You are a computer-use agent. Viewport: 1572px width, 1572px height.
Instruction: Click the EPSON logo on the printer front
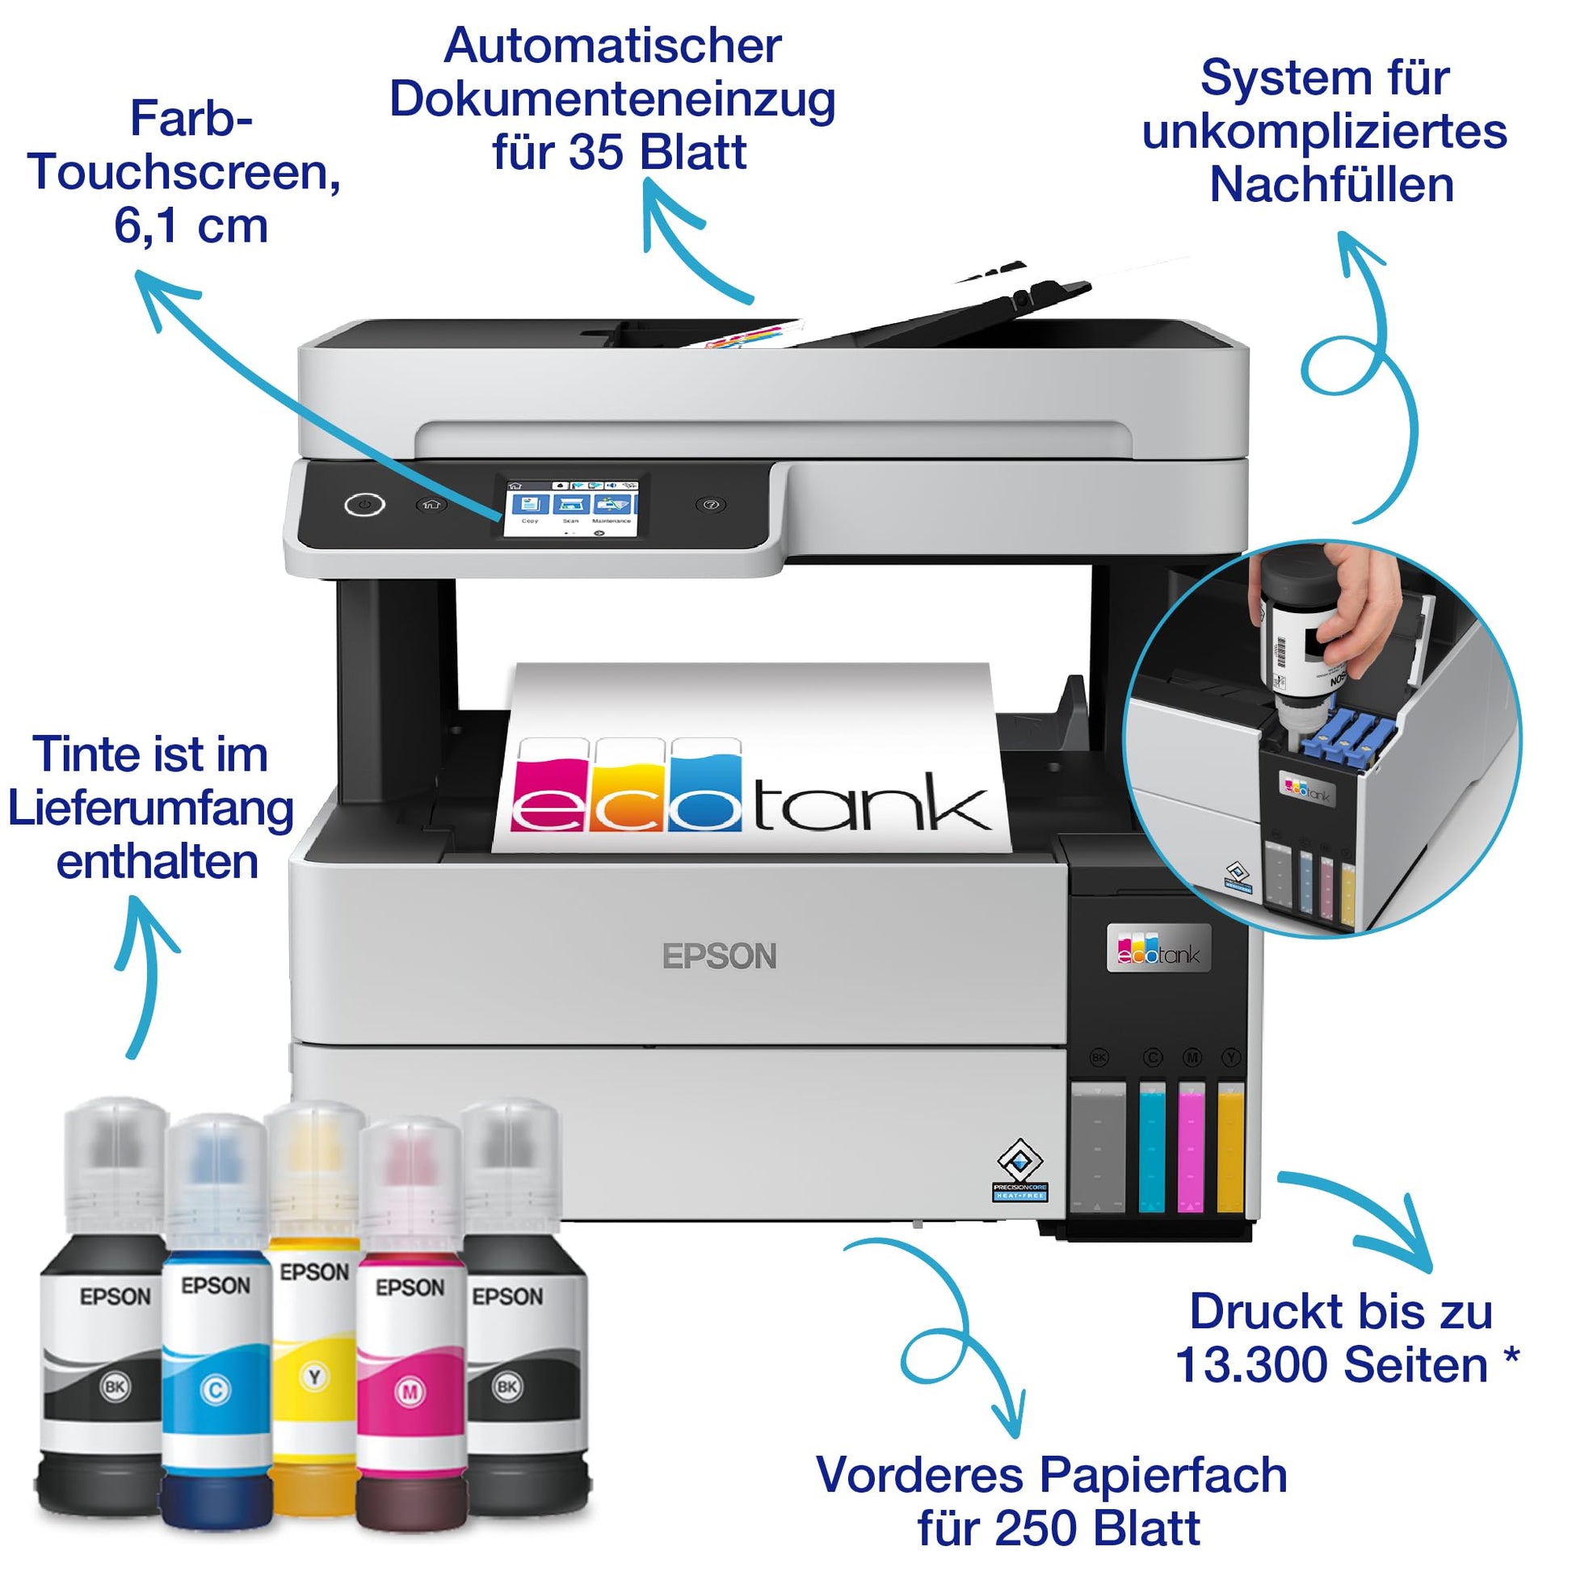tap(719, 956)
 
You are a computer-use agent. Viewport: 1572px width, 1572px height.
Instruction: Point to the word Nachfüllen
tap(1331, 185)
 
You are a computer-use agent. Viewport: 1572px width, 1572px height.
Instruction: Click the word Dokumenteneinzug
tap(612, 100)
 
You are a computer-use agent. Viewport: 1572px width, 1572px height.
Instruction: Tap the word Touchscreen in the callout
tap(184, 173)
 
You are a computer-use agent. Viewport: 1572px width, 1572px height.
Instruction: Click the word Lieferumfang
tap(150, 809)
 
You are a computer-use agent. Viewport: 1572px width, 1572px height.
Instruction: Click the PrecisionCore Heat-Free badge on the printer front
tap(1019, 1171)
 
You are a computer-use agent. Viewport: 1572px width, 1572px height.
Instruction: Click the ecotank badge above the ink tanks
tap(1158, 948)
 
